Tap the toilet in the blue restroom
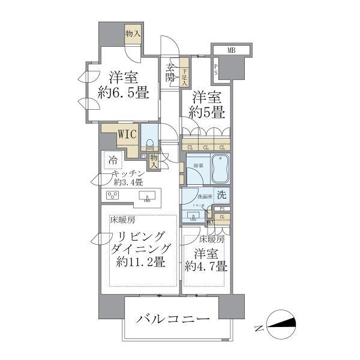pyautogui.click(x=150, y=144)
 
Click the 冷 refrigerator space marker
pyautogui.click(x=112, y=160)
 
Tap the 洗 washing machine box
pyautogui.click(x=221, y=194)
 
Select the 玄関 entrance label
pyautogui.click(x=170, y=72)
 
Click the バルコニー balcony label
pyautogui.click(x=172, y=319)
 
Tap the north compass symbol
pyautogui.click(x=280, y=325)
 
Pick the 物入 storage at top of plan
pyautogui.click(x=133, y=34)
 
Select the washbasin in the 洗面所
pyautogui.click(x=195, y=214)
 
